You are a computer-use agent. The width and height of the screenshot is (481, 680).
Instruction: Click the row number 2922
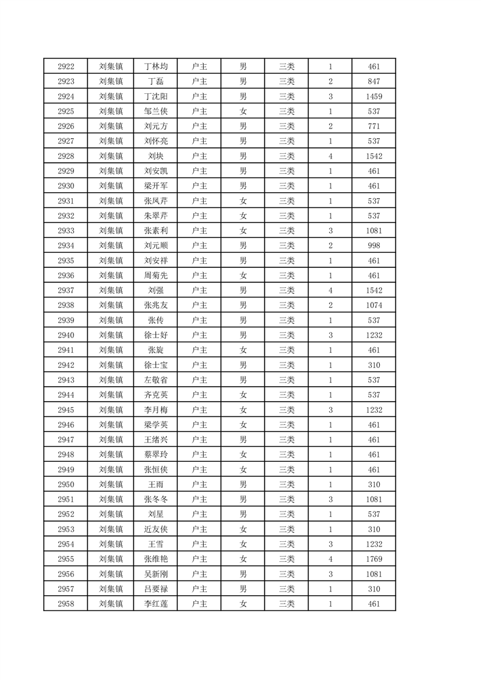click(x=66, y=67)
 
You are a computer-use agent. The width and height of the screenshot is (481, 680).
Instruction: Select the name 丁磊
click(x=155, y=81)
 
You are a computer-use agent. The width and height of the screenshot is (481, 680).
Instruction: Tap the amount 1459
click(x=374, y=96)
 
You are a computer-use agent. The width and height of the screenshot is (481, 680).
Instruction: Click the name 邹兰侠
click(x=155, y=112)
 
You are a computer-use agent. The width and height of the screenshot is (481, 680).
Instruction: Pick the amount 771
click(x=374, y=126)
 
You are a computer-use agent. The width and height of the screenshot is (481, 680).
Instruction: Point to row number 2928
click(x=66, y=156)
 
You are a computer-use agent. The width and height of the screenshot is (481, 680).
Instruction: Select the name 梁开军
click(x=155, y=186)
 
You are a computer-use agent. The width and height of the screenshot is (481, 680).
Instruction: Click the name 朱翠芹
click(x=155, y=216)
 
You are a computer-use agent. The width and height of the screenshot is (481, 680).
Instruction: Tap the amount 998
click(x=374, y=245)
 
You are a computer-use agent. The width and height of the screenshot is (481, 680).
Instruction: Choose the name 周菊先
click(x=155, y=276)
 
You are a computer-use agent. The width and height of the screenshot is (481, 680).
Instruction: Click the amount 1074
click(x=374, y=305)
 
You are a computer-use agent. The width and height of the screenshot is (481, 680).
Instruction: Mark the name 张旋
click(x=155, y=350)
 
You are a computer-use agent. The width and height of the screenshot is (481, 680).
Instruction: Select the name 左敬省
click(x=155, y=380)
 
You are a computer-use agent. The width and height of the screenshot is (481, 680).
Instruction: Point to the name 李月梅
click(x=155, y=410)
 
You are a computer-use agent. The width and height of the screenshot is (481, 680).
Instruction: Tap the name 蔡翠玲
click(x=155, y=455)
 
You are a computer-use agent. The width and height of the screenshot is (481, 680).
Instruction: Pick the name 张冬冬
click(x=155, y=499)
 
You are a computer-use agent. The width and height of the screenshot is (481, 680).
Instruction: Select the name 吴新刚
click(x=155, y=574)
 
